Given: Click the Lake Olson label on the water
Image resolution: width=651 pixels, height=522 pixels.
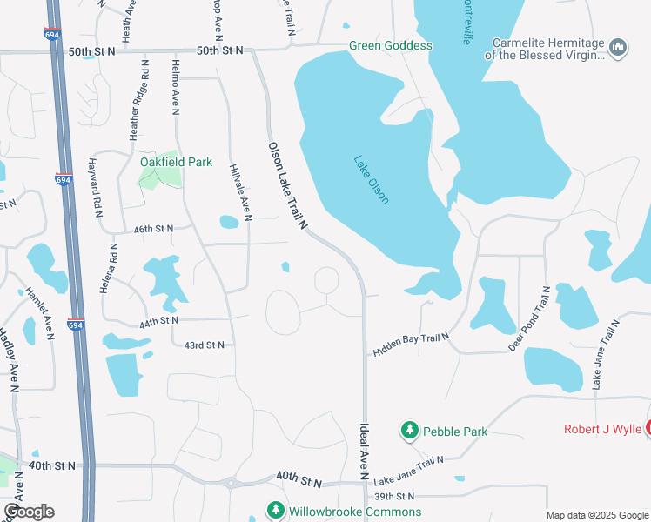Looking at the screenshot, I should tap(371, 179).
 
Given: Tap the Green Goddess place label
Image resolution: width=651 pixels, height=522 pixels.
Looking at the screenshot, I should tap(390, 45).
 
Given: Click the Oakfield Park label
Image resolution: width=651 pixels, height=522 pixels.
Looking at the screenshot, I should tap(164, 162).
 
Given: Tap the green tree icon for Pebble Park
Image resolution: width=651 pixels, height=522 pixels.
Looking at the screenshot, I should tap(409, 430).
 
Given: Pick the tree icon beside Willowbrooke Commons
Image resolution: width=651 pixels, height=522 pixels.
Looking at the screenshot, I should tap(276, 511).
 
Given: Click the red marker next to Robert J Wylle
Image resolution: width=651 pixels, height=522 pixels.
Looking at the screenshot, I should tap(647, 428).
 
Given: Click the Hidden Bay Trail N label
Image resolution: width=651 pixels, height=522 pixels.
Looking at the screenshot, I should tap(411, 344).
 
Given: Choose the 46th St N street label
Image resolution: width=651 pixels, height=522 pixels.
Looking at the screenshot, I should tap(153, 229).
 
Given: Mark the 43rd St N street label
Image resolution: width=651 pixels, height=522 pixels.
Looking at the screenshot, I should tap(204, 345).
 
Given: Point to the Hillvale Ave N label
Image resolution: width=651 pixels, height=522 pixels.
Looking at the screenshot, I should tap(239, 190).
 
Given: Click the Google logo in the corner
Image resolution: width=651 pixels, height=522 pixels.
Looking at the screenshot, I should tap(28, 511).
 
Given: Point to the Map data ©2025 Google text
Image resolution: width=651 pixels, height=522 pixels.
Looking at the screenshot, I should tap(596, 515).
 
